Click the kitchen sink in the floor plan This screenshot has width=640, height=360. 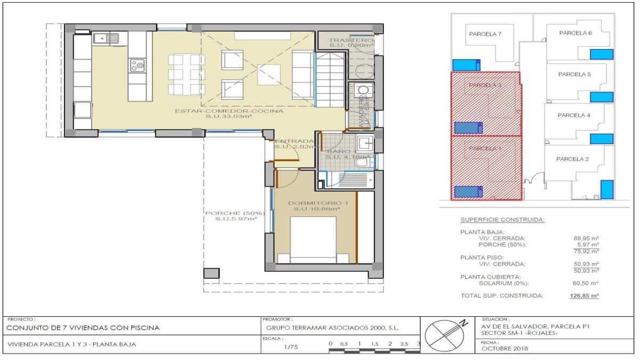coord(105,38)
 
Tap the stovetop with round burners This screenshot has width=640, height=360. coord(137,66)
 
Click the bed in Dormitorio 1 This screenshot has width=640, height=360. coord(313,240)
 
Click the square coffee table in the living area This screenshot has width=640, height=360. coord(268,74)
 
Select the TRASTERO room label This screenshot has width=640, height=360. coord(350,41)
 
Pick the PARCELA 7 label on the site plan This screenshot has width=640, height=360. coord(485,34)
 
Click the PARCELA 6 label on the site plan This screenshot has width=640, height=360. coord(575,33)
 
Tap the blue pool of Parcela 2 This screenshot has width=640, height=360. coord(606,189)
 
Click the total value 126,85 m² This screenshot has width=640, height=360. coord(584,295)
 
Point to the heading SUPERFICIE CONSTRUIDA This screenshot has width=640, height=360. coord(502,220)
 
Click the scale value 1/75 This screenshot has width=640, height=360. coord(291,347)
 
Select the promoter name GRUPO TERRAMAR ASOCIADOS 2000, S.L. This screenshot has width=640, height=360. coord(333,327)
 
